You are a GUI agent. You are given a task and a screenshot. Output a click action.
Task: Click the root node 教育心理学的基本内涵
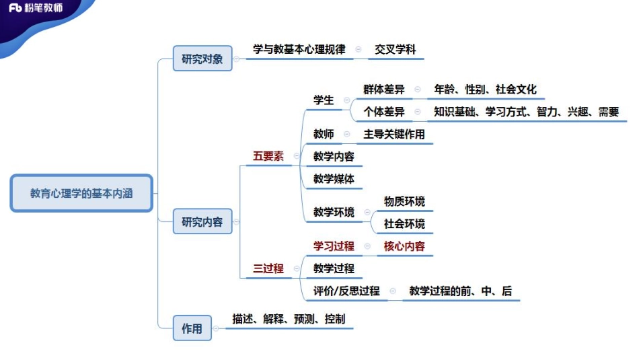(x=81, y=193)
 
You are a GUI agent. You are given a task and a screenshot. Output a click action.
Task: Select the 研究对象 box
(x=202, y=58)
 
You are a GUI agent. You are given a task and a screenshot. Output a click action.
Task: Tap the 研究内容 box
(x=202, y=221)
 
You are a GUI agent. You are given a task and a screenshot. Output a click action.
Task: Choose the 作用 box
(x=192, y=328)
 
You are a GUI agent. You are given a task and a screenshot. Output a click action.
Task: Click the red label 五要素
(x=268, y=156)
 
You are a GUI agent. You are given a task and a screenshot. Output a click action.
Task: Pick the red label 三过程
(x=268, y=268)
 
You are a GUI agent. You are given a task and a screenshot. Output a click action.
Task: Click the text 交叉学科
(x=396, y=50)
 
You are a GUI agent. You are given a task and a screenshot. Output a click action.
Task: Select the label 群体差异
(x=384, y=89)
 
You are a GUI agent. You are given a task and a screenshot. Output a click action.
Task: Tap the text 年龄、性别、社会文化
(x=485, y=89)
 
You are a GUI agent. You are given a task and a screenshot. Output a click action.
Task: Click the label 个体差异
(x=384, y=112)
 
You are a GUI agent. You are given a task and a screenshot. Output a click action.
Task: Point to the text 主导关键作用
(x=394, y=134)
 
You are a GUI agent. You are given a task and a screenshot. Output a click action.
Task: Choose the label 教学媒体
(x=334, y=179)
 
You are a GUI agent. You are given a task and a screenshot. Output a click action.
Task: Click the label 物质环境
(x=404, y=201)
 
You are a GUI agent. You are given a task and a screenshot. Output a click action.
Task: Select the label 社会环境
(x=404, y=223)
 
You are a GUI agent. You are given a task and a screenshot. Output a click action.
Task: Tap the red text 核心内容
(x=404, y=246)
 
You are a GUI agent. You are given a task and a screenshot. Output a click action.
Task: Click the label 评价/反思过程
(x=346, y=291)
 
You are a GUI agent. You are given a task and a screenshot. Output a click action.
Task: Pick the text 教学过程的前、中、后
(x=460, y=291)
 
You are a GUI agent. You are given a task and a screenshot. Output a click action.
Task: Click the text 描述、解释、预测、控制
(x=289, y=319)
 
